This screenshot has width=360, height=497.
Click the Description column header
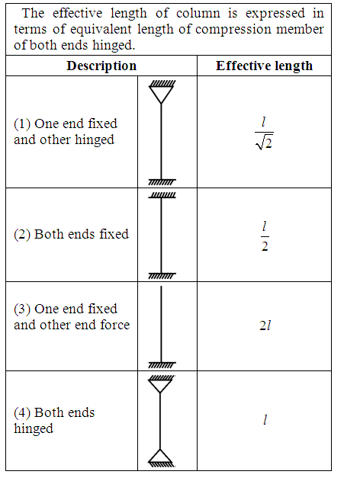click(x=101, y=66)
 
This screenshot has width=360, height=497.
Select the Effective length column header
click(x=264, y=66)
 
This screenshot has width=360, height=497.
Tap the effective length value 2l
click(x=265, y=325)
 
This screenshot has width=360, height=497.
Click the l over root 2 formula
click(x=264, y=133)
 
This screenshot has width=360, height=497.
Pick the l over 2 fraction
click(x=265, y=237)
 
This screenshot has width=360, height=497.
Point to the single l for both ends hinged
click(x=265, y=420)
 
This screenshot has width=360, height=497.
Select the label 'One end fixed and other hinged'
click(x=66, y=132)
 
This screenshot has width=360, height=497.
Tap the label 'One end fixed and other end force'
click(x=72, y=316)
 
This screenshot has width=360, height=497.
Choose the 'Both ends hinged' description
click(x=54, y=420)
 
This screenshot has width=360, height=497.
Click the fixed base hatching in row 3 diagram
click(x=162, y=365)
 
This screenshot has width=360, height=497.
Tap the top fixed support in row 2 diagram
click(x=162, y=195)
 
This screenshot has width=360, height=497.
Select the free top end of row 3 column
click(x=161, y=287)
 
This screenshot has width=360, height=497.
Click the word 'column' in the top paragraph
click(x=198, y=13)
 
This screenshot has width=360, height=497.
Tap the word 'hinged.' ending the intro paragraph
click(x=114, y=45)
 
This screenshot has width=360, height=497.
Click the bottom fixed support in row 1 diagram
click(x=162, y=182)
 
